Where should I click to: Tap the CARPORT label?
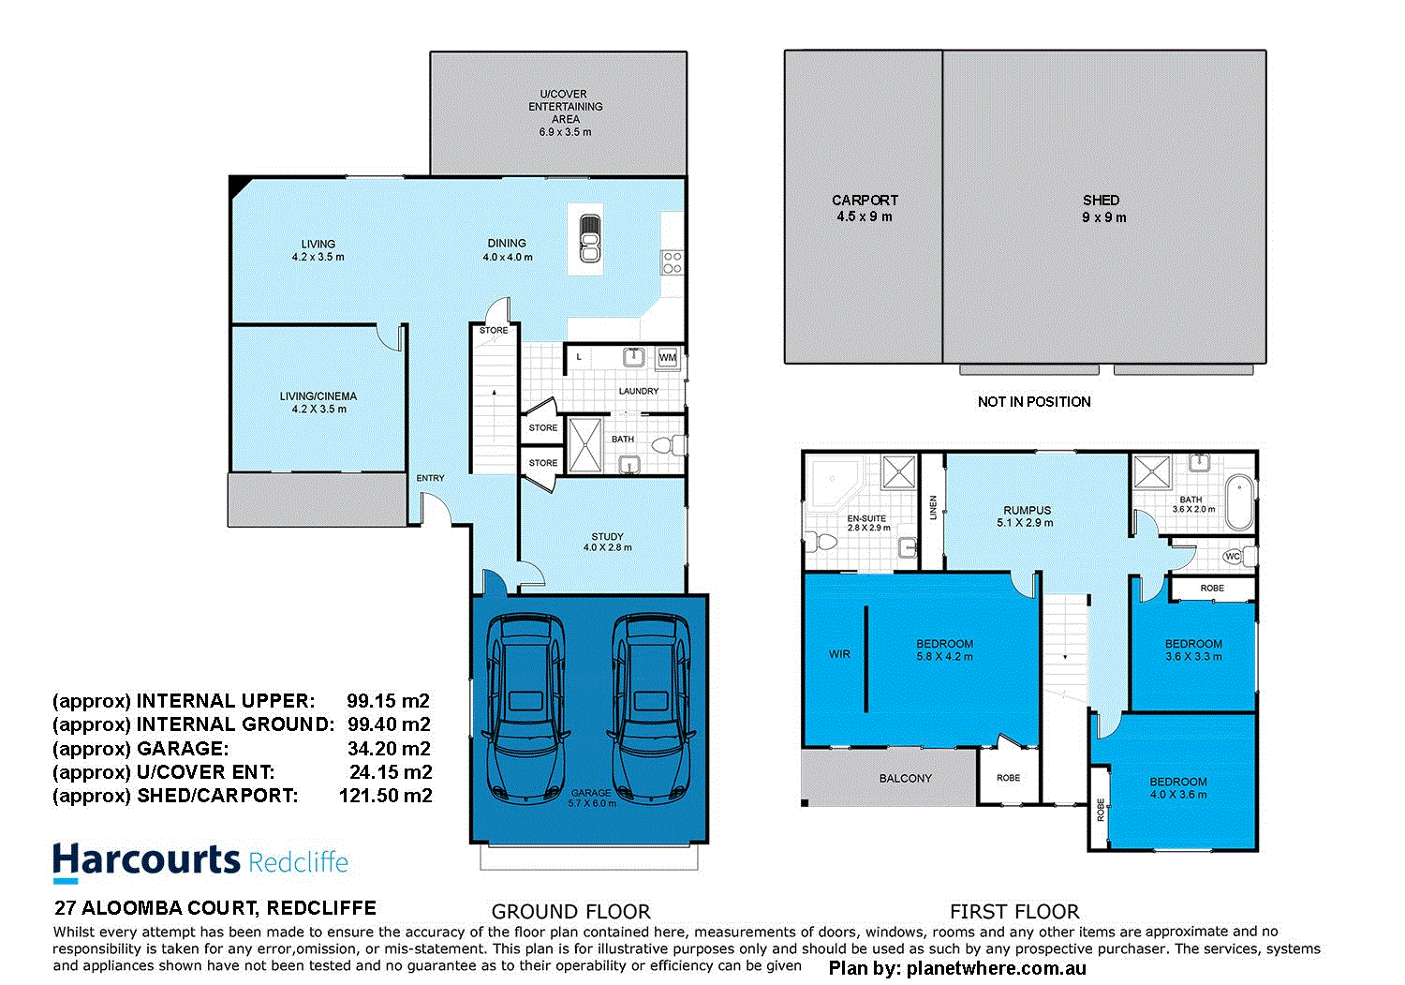[x=865, y=201]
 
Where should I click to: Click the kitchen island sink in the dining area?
[x=589, y=239]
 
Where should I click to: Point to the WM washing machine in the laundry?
[x=667, y=357]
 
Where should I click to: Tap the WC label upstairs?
[x=1233, y=557]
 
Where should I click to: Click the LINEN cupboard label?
[x=933, y=508]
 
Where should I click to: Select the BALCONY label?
[x=905, y=778]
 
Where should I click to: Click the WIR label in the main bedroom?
[x=839, y=654]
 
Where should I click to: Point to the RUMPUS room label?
[x=1027, y=511]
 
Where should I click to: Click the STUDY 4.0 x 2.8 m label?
[x=607, y=542]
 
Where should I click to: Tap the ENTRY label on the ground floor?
[x=430, y=478]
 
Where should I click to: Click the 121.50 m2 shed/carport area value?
[x=385, y=796]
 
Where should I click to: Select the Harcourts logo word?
[x=147, y=860]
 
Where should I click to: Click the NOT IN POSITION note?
[x=1034, y=401]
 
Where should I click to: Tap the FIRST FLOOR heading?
[x=1014, y=911]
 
